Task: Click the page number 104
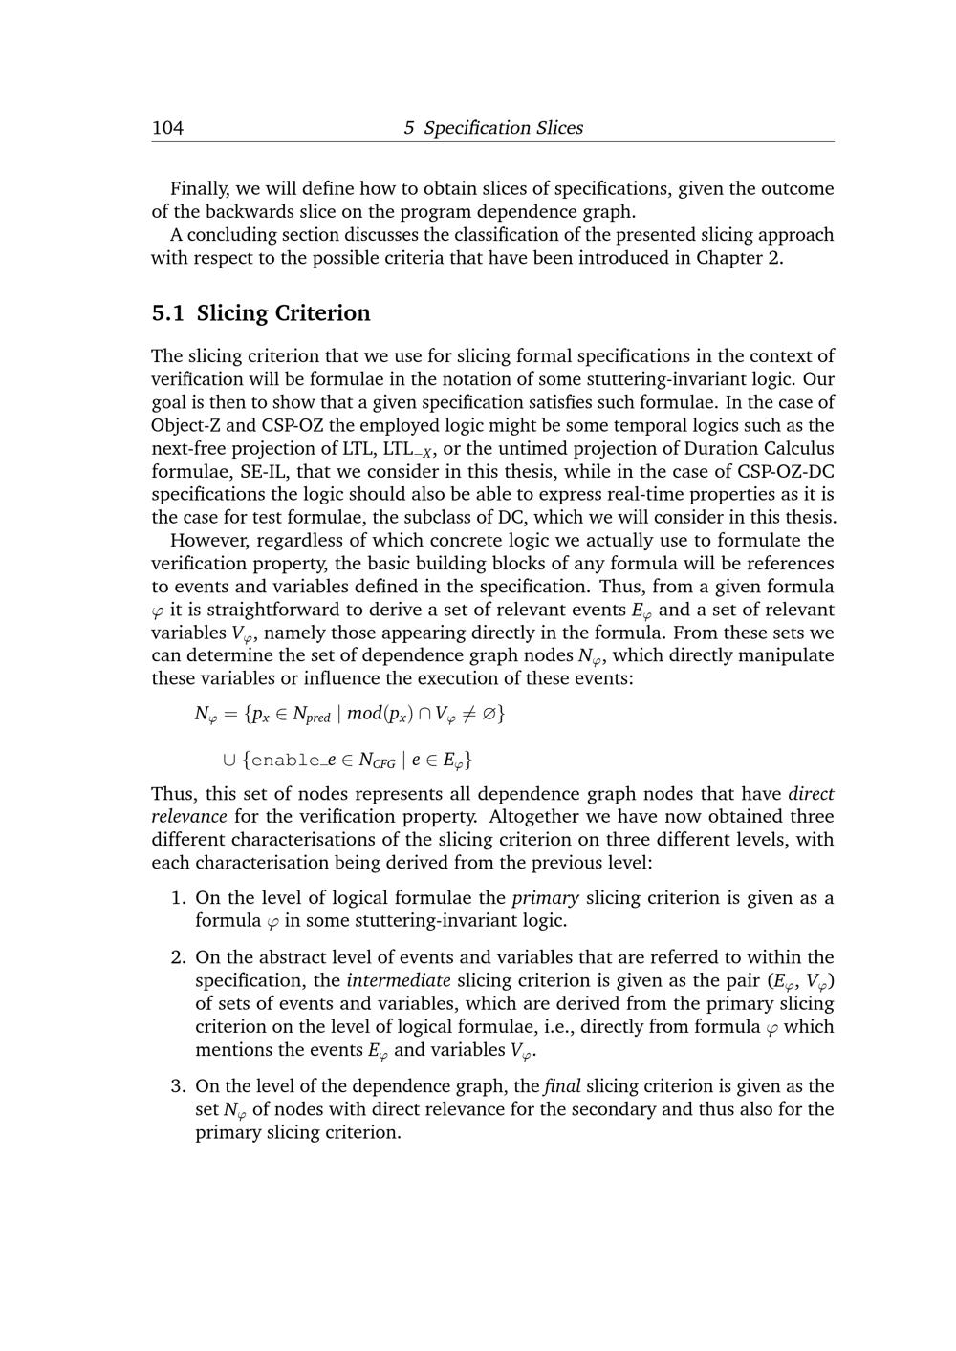coord(167,128)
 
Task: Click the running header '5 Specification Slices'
coord(492,128)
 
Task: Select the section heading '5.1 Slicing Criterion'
coord(261,313)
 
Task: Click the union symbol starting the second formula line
coord(228,761)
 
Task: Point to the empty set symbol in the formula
coord(489,714)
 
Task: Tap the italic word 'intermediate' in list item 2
coord(399,980)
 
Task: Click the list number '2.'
coord(179,957)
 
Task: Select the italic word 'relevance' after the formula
coord(189,817)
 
